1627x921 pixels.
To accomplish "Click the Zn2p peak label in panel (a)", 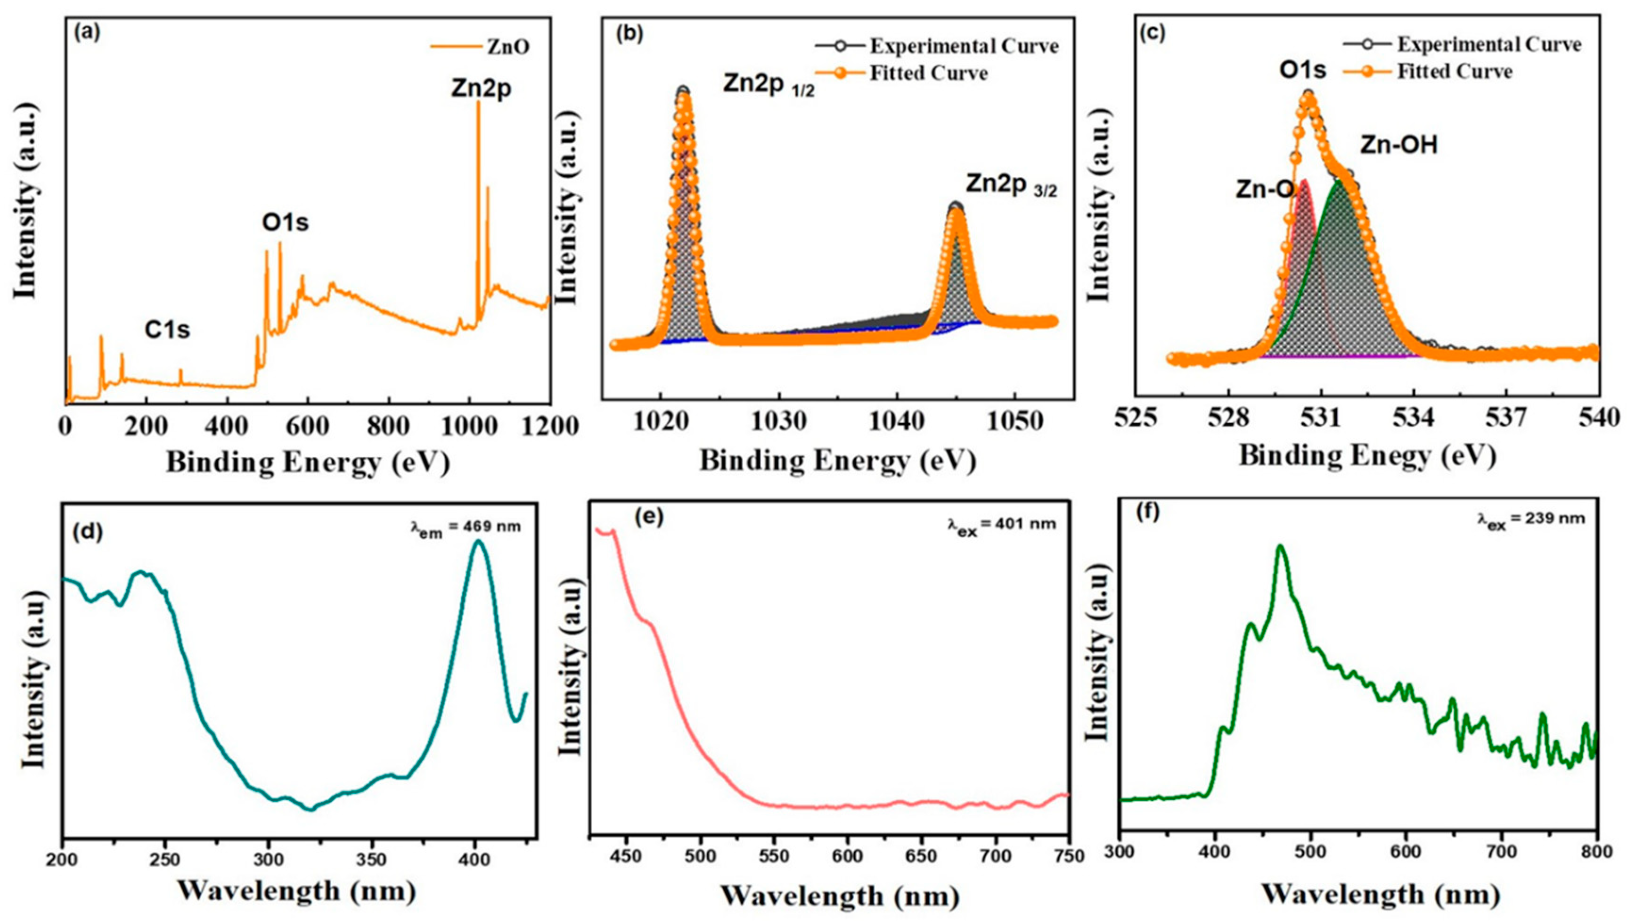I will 481,89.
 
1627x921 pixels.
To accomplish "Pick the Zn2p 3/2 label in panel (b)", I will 1011,185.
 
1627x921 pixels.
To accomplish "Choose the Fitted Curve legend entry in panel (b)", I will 928,74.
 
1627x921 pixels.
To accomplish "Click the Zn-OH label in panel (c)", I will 1398,146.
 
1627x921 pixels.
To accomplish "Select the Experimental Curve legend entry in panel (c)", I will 1488,45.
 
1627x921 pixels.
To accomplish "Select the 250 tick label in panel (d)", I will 166,861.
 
